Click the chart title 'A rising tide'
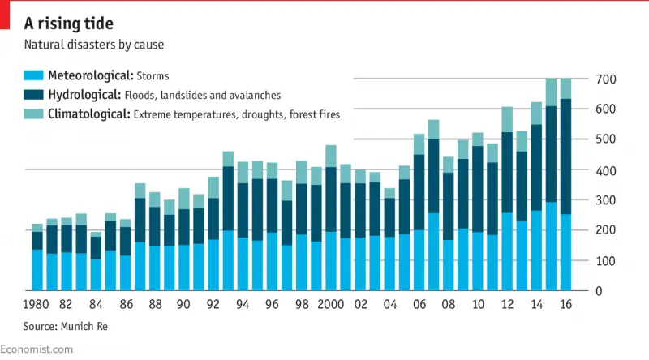click(x=68, y=23)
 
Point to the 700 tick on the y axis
click(x=607, y=79)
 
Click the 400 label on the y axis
click(x=607, y=170)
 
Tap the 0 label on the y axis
click(x=600, y=291)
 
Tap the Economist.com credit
click(x=37, y=349)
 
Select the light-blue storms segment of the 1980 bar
click(x=37, y=270)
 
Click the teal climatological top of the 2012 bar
click(x=507, y=119)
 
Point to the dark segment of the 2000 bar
click(x=330, y=199)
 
